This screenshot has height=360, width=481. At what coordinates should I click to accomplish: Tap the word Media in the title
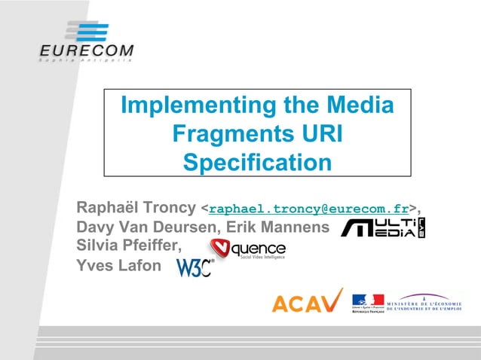[357, 106]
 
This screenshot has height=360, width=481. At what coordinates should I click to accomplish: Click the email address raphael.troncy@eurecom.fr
[310, 207]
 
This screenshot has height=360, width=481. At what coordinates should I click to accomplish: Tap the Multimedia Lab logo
[383, 227]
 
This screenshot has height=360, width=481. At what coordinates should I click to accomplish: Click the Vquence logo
[247, 249]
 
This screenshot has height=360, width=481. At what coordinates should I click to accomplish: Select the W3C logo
[195, 267]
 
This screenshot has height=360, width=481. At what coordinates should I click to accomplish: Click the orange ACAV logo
[307, 301]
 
